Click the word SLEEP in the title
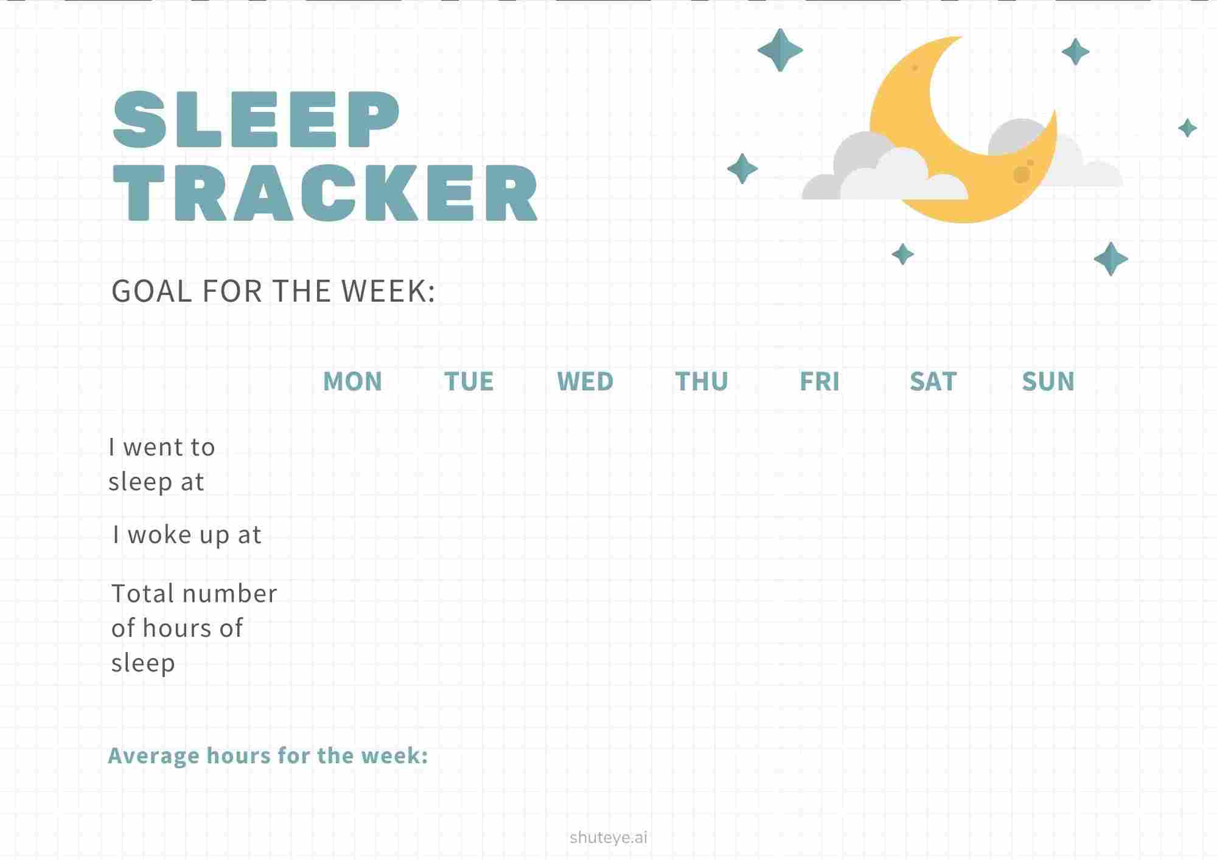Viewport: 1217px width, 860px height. [256, 119]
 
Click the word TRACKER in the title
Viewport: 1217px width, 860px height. [326, 193]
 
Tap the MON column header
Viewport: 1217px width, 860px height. [352, 381]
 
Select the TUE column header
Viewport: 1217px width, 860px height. [469, 381]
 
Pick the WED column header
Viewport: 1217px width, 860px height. [585, 381]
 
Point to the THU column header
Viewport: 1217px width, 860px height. [702, 381]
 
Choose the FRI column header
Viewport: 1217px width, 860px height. [819, 381]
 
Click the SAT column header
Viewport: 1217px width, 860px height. [933, 381]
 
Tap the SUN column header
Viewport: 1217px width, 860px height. [1048, 381]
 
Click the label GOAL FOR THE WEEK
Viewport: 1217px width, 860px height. [273, 291]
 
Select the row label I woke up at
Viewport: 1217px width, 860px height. [187, 535]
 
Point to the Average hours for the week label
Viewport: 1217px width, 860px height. [268, 755]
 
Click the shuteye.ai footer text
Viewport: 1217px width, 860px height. [608, 837]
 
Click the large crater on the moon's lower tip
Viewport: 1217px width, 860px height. [1021, 175]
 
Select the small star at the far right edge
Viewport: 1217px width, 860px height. [1187, 128]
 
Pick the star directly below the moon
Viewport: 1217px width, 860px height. [902, 254]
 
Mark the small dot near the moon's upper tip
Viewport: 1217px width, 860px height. [915, 68]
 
